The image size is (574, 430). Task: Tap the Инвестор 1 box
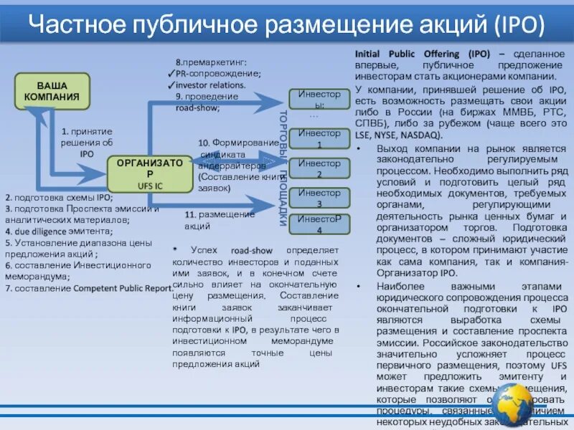319,138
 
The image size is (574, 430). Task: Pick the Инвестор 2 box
319,168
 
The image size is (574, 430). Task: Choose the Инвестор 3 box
319,198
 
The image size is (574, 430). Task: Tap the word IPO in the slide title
517,25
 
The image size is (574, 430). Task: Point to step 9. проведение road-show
202,102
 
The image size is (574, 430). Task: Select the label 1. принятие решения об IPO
87,142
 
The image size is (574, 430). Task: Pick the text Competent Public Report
123,288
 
